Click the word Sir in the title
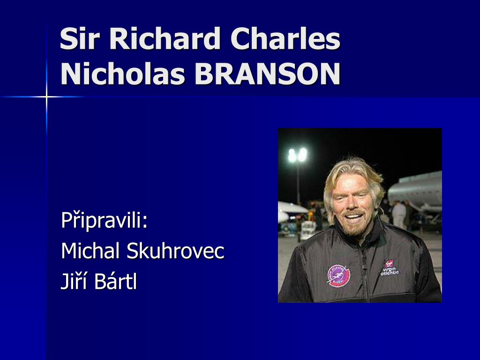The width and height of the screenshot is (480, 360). [80, 38]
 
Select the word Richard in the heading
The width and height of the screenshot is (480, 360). [165, 38]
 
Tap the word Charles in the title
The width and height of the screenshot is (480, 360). [285, 38]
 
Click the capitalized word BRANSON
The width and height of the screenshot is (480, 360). [268, 74]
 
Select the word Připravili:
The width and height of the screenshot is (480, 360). [105, 220]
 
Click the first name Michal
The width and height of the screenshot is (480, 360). [90, 251]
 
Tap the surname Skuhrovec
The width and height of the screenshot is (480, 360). [175, 251]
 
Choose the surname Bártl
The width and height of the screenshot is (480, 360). [116, 281]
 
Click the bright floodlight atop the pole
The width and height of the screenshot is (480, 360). [297, 155]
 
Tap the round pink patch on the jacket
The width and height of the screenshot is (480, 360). [338, 276]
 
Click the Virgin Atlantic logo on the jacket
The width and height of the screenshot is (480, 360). [390, 268]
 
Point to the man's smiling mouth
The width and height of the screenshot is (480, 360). [354, 217]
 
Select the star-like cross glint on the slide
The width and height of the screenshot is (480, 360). [46, 97]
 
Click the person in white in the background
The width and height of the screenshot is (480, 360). [399, 214]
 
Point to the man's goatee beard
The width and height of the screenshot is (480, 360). [354, 228]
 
